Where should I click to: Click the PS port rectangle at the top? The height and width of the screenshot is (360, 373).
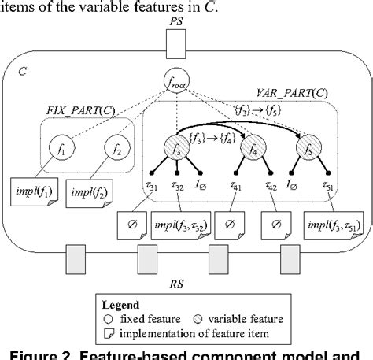(x=176, y=46)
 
